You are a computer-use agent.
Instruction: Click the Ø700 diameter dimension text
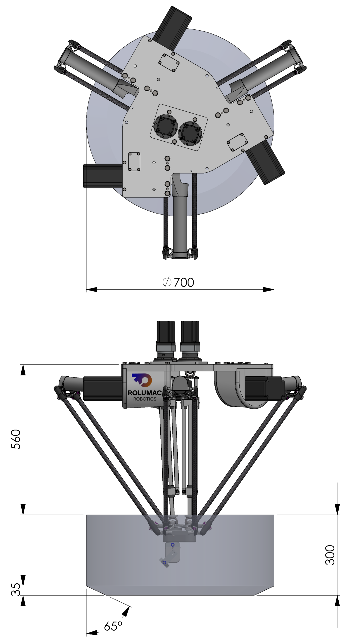pos(178,282)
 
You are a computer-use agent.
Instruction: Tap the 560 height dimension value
pos(16,439)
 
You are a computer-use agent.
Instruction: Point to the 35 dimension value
pos(16,589)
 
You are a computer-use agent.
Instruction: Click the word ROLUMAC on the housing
pos(145,393)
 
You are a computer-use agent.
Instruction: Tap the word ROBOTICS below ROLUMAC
pos(145,399)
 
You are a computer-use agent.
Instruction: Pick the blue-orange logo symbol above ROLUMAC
pos(142,380)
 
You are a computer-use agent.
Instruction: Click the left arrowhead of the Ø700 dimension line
pos(92,290)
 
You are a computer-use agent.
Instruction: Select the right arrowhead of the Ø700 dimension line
pos(268,290)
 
